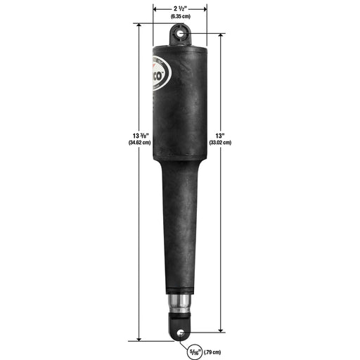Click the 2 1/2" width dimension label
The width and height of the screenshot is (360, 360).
click(x=179, y=7)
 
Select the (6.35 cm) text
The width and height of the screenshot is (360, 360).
click(x=179, y=15)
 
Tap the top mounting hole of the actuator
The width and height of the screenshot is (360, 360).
click(x=180, y=32)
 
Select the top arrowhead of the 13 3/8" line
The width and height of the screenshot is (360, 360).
click(x=140, y=25)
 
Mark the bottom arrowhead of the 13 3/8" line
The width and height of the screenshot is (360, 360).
click(x=140, y=337)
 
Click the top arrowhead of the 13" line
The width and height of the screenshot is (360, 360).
click(x=221, y=34)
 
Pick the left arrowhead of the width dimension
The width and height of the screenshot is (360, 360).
click(x=156, y=9)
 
